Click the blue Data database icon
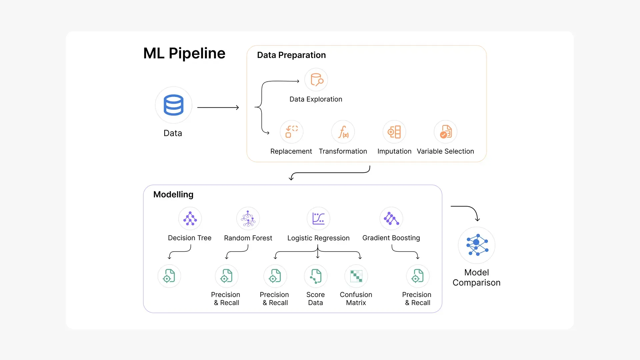coord(173,105)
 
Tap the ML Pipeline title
coord(184,53)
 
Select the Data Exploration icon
coord(316,80)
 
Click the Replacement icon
coord(291,132)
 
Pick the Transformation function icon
coord(343,132)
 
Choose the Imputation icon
coord(394,132)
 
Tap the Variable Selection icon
coord(445,132)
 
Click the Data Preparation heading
coord(291,55)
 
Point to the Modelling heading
coord(173,194)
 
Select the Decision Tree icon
coord(190,219)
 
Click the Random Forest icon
coord(248,219)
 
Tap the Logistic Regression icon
coord(318,219)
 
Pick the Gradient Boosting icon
coord(391,219)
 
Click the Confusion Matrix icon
coord(356,276)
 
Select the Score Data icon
coord(316,276)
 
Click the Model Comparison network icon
coord(477,245)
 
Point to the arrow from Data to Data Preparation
coord(218,107)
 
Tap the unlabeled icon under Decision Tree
coord(169,276)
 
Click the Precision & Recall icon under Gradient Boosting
coord(418,276)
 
